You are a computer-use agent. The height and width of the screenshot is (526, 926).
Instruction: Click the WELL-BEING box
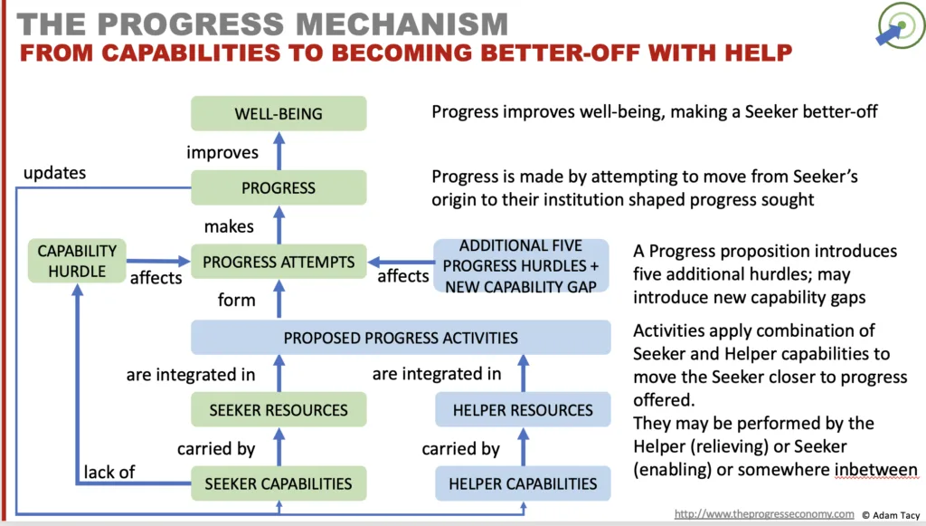pyautogui.click(x=279, y=113)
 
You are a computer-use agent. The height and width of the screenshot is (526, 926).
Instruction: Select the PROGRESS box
pyautogui.click(x=279, y=188)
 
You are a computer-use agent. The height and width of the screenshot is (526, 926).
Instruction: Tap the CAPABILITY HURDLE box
pyautogui.click(x=77, y=261)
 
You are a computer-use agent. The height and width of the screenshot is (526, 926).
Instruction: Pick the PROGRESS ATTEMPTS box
pyautogui.click(x=279, y=262)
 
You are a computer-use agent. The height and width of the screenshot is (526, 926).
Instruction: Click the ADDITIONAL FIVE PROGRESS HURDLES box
pyautogui.click(x=521, y=266)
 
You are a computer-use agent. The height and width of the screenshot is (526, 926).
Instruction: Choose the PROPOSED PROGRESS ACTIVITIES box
pyautogui.click(x=401, y=338)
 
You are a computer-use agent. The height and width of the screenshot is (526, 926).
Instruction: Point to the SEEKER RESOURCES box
pyautogui.click(x=279, y=409)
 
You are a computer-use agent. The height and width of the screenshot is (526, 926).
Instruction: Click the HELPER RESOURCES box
pyautogui.click(x=523, y=409)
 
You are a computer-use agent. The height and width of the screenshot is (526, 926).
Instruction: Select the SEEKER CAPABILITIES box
pyautogui.click(x=279, y=483)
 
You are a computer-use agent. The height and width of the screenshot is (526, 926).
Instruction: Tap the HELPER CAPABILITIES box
pyautogui.click(x=523, y=483)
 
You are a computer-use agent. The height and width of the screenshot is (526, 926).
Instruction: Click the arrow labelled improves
pyautogui.click(x=279, y=151)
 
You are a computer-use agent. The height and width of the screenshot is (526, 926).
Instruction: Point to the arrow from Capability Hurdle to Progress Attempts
pyautogui.click(x=158, y=261)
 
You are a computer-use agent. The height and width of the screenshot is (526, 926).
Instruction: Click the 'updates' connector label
pyautogui.click(x=54, y=173)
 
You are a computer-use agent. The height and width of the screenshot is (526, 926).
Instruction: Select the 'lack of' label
pyautogui.click(x=109, y=473)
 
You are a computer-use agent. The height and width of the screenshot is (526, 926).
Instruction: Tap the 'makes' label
pyautogui.click(x=229, y=226)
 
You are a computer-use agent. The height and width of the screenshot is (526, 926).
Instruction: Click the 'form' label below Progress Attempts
pyautogui.click(x=236, y=300)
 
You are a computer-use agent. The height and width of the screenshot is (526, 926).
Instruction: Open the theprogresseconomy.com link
pyautogui.click(x=764, y=514)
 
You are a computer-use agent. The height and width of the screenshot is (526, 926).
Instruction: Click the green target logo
pyautogui.click(x=901, y=25)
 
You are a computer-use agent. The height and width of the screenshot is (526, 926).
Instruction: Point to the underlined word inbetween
pyautogui.click(x=875, y=470)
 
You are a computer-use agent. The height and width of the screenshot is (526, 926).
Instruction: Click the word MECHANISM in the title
pyautogui.click(x=402, y=24)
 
